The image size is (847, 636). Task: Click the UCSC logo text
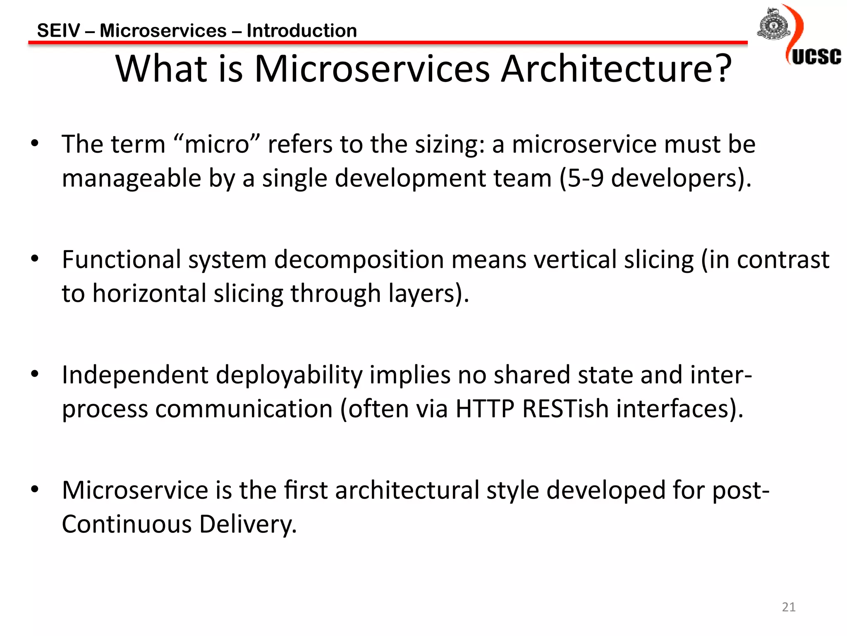[816, 57]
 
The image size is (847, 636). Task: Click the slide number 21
[789, 607]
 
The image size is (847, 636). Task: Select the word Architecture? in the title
[616, 69]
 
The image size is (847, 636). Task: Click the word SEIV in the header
[58, 31]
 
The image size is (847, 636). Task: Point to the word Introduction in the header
[301, 31]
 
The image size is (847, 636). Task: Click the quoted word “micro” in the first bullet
[217, 144]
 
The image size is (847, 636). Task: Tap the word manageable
[131, 179]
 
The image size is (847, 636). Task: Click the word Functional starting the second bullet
[122, 260]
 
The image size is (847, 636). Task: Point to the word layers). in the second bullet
[428, 294]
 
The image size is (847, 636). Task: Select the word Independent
[135, 375]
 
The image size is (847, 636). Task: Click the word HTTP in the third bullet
[485, 409]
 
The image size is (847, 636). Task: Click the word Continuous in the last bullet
[127, 524]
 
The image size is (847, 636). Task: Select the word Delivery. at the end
[248, 524]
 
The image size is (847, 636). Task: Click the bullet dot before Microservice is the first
[35, 489]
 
